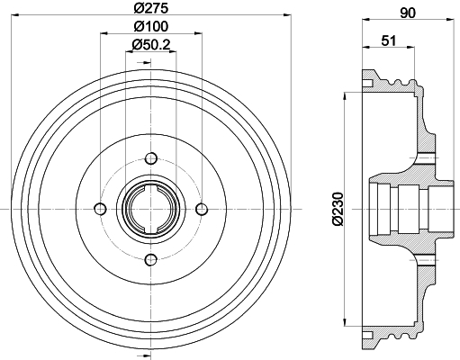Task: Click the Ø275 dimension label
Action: tap(151, 8)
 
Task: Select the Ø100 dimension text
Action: tap(151, 27)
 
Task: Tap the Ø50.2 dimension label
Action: tap(151, 45)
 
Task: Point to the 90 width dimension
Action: tap(408, 13)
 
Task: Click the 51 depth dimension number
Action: tap(389, 40)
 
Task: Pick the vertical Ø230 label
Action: tap(338, 209)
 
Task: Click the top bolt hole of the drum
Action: tap(151, 158)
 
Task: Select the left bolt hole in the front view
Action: tap(100, 209)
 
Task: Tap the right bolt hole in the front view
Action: tap(202, 209)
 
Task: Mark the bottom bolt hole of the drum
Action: tap(151, 259)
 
